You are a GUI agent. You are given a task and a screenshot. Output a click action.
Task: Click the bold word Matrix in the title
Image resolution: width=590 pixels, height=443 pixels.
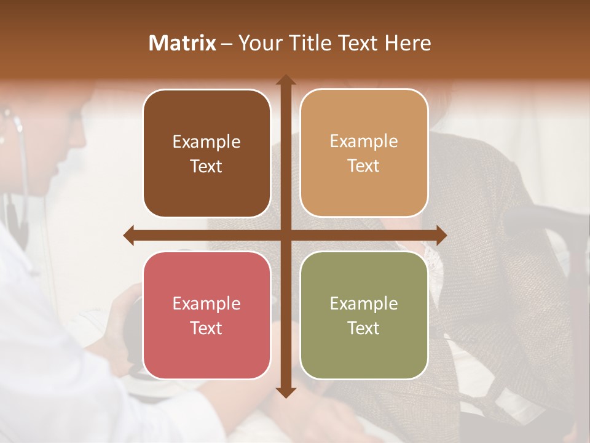(x=183, y=43)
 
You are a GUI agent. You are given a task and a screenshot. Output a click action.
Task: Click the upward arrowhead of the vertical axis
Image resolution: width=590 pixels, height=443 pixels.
(x=285, y=80)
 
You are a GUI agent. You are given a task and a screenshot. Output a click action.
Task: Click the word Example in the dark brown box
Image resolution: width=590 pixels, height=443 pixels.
(x=206, y=142)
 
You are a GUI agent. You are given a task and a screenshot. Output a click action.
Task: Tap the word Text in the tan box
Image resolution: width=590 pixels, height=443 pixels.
(x=364, y=166)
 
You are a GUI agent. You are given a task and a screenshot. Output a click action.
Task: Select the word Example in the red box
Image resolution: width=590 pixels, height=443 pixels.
(x=206, y=304)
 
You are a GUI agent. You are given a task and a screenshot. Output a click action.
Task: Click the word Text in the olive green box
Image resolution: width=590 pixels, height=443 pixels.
(x=364, y=328)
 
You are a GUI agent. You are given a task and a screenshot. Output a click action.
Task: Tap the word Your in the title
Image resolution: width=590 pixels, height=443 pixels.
(x=259, y=43)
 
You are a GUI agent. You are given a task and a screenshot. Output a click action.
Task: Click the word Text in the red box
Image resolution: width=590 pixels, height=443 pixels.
(x=206, y=328)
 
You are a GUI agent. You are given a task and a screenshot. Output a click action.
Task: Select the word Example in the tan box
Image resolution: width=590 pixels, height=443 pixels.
(x=364, y=142)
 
